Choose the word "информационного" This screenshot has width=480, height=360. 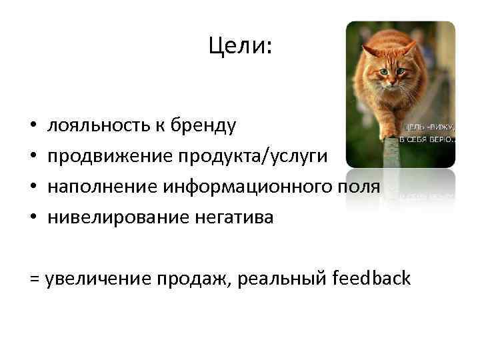pyautogui.click(x=243, y=187)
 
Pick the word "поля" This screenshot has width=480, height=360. pyautogui.click(x=360, y=187)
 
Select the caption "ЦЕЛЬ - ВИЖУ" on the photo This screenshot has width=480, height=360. pyautogui.click(x=427, y=127)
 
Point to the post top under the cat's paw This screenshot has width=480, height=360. pyautogui.click(x=391, y=142)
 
